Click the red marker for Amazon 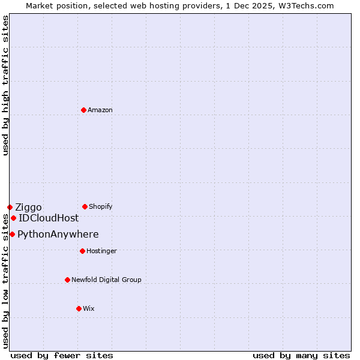pos(83,110)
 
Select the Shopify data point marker pos(85,206)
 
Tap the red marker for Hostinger pos(82,251)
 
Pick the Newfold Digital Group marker pos(67,280)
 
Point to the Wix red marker pos(79,308)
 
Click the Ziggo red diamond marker pos(10,207)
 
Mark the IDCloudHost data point pos(13,218)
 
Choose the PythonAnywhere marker pos(12,234)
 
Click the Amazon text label pos(100,110)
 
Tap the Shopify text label pos(101,206)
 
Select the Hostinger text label pos(101,251)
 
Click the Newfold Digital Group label pos(106,280)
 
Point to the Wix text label pos(89,308)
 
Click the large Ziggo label pos(28,208)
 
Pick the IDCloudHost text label pos(49,218)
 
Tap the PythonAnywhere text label pos(58,234)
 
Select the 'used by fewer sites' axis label pos(62,355)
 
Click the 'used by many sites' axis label pos(301,355)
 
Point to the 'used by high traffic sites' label pos(5,85)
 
